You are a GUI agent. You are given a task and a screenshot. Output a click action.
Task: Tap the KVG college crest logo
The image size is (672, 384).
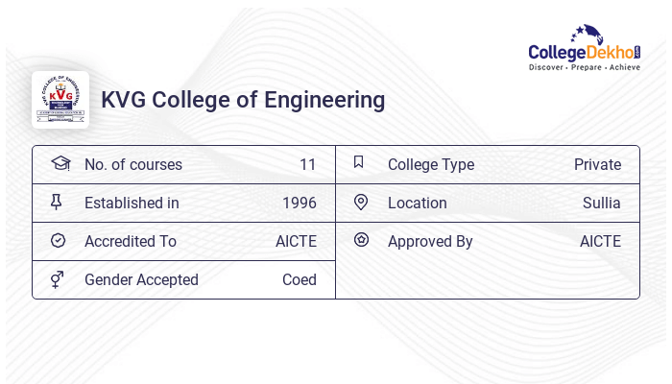[60, 100]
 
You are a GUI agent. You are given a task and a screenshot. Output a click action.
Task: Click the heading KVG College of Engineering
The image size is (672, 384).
[243, 100]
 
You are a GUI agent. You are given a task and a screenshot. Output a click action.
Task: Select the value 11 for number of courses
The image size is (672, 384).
[307, 164]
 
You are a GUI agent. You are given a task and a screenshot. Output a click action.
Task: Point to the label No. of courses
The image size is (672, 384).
[132, 164]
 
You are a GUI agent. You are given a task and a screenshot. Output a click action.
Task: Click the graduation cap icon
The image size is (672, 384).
[60, 163]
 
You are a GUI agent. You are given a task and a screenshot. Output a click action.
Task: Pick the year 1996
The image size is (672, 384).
[299, 203]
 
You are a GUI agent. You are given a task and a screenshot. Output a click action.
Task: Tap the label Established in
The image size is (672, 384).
[132, 203]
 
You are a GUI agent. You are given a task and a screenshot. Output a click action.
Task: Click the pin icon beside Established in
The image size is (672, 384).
[57, 202]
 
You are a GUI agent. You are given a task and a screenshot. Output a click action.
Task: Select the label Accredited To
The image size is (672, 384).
[131, 241]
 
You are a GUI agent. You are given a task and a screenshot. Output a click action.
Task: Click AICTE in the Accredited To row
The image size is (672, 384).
[296, 241]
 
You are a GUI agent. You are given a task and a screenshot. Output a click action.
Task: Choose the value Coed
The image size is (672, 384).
[299, 279]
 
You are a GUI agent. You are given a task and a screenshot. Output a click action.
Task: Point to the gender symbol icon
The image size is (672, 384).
[58, 279]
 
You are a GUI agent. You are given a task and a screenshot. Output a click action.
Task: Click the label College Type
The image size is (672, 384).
[430, 164]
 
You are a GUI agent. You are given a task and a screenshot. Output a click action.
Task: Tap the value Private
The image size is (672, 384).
[597, 164]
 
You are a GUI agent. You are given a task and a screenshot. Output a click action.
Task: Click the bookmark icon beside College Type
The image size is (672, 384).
[359, 162]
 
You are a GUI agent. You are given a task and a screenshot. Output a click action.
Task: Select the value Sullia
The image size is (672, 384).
[601, 203]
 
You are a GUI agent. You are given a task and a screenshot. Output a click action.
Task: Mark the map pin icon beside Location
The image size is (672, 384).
[361, 202]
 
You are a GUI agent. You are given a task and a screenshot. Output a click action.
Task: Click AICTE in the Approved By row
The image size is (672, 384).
[600, 241]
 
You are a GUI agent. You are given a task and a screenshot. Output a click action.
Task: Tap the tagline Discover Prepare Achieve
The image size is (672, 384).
[584, 67]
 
